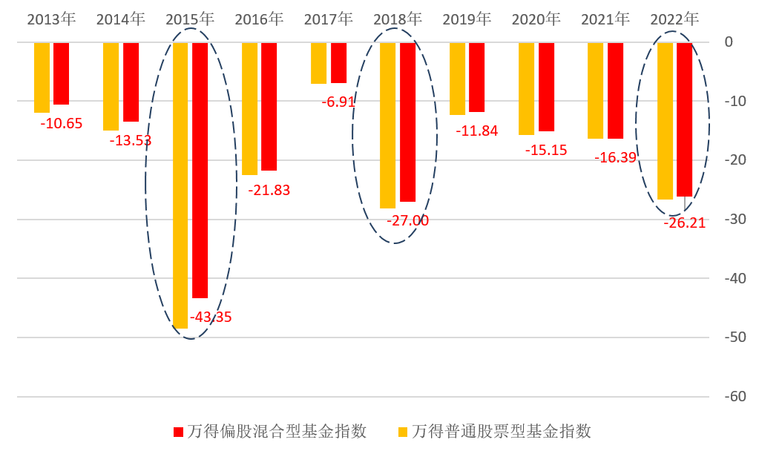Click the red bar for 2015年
pyautogui.click(x=200, y=170)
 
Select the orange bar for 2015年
pyautogui.click(x=180, y=185)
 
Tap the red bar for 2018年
pyautogui.click(x=407, y=122)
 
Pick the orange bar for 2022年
pyautogui.click(x=665, y=121)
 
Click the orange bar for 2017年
pyautogui.click(x=318, y=63)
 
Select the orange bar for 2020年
pyautogui.click(x=526, y=88)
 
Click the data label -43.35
pyautogui.click(x=211, y=317)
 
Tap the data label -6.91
pyautogui.click(x=338, y=102)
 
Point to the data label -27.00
pyautogui.click(x=407, y=221)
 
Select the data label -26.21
pyautogui.click(x=684, y=223)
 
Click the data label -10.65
pyautogui.click(x=62, y=124)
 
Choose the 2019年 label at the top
pyautogui.click(x=467, y=19)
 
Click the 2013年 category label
pyautogui.click(x=51, y=19)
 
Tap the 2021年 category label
pyautogui.click(x=605, y=19)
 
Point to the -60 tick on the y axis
pyautogui.click(x=735, y=397)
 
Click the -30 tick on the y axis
pyautogui.click(x=735, y=220)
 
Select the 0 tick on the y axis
pyautogui.click(x=729, y=42)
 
